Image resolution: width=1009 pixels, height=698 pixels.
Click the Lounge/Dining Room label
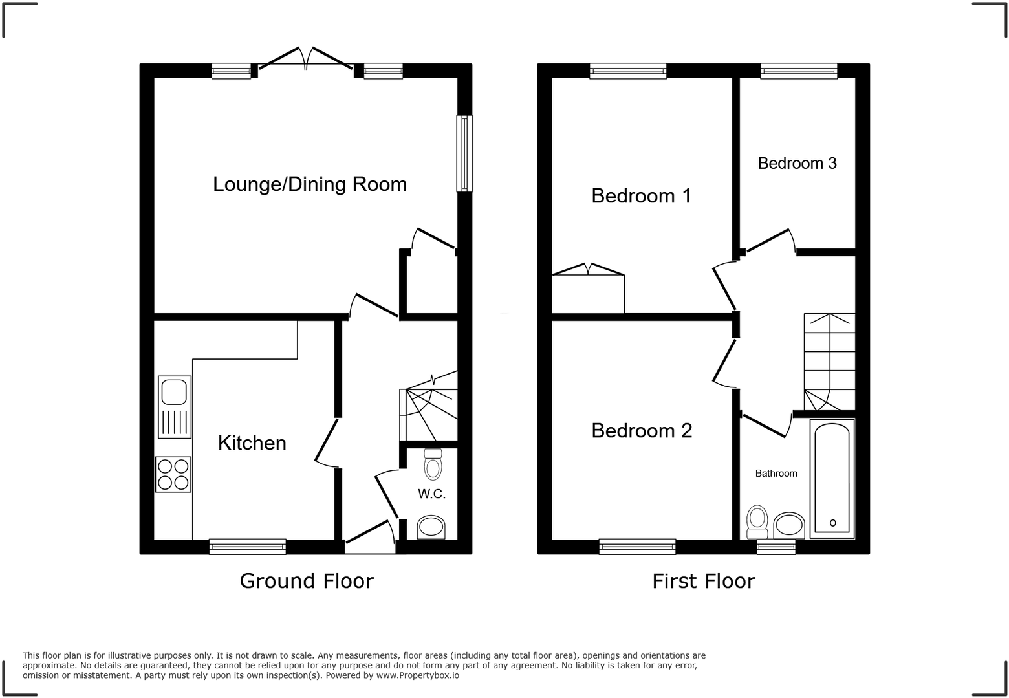310,184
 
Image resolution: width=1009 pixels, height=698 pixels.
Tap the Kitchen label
252,443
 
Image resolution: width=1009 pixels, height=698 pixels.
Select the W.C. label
431,494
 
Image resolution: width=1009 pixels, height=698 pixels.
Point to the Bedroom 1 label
641,195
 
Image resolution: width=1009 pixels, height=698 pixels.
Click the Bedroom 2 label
642,431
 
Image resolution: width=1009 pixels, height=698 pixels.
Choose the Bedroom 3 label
797,164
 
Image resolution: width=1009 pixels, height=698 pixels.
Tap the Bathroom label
776,474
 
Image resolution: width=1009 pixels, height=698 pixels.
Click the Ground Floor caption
307,581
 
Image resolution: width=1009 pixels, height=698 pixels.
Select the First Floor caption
703,581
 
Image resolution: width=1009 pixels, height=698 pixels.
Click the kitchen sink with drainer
175,406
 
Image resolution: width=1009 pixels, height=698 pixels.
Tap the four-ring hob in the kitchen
173,474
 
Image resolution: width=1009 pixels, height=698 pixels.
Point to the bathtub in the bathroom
832,478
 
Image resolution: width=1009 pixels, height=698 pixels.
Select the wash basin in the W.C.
431,527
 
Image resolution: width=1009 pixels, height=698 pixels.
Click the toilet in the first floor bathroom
757,521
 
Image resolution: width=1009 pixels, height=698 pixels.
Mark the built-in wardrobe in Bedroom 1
588,293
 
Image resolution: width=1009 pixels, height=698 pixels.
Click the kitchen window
248,547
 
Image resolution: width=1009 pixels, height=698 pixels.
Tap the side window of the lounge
464,153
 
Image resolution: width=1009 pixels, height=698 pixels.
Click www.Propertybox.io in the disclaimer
417,675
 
